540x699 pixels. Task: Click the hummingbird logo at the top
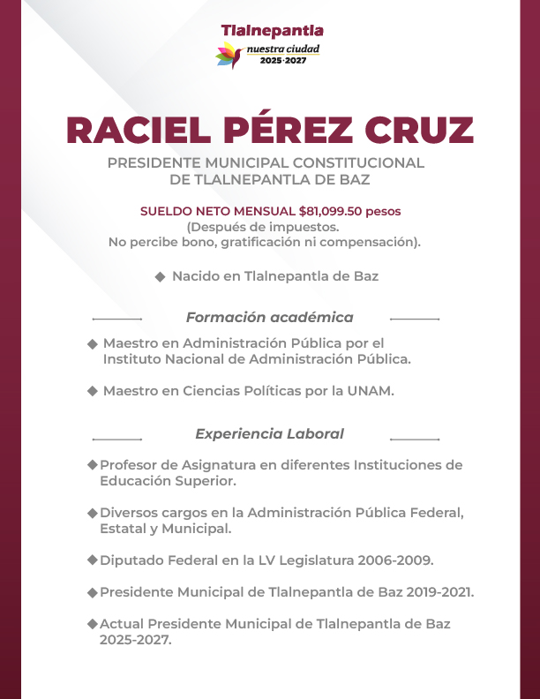pos(231,56)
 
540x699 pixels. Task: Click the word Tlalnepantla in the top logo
pos(272,32)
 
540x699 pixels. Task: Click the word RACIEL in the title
pos(137,131)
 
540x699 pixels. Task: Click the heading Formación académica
pos(269,317)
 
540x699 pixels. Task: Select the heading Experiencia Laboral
pos(269,433)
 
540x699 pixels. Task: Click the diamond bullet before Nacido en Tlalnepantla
pos(161,276)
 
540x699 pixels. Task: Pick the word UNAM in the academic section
pos(373,391)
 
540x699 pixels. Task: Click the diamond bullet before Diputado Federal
pos(92,560)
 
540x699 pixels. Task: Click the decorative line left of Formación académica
pos(116,318)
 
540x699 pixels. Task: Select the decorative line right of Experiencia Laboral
pos(415,438)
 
